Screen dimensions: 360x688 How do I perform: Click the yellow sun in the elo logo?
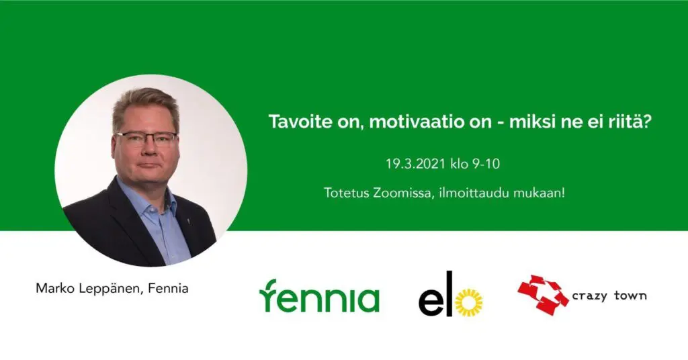(x=468, y=303)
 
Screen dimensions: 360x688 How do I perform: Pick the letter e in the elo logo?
(x=431, y=303)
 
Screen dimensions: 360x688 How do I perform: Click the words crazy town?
(x=609, y=296)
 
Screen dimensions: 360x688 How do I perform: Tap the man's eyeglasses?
(x=146, y=139)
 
